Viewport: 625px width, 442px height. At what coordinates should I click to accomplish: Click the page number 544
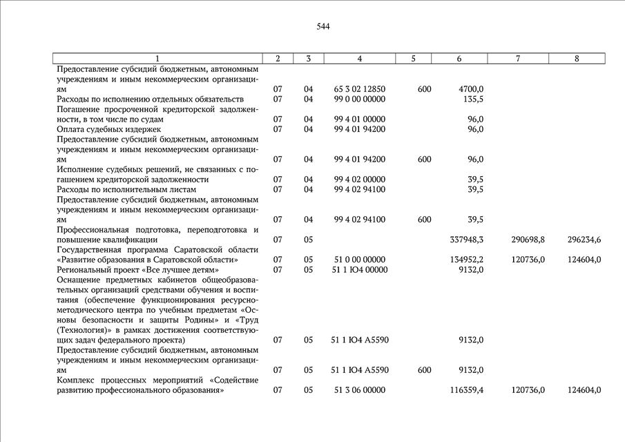(x=323, y=27)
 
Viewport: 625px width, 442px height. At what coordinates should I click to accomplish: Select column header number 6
(x=459, y=59)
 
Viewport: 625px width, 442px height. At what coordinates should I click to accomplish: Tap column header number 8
(x=577, y=59)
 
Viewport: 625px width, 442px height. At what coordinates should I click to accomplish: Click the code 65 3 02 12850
(x=359, y=89)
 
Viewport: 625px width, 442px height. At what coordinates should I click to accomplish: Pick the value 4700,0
(x=471, y=89)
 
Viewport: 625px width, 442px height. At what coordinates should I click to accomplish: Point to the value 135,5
(x=472, y=99)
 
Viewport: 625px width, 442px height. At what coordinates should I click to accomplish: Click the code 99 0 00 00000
(x=359, y=99)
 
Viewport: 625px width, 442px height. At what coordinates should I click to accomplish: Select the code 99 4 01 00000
(x=359, y=119)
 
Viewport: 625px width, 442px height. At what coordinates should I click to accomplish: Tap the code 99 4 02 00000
(x=359, y=180)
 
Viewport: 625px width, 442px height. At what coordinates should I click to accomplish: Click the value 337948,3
(x=466, y=240)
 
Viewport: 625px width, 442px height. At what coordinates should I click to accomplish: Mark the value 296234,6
(x=584, y=240)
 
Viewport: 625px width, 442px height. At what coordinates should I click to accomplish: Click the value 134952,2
(x=466, y=260)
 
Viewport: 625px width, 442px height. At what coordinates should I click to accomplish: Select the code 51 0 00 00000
(x=359, y=260)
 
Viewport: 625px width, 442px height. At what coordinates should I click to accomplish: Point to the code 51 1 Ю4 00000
(x=360, y=269)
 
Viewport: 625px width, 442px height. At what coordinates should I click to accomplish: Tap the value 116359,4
(x=466, y=390)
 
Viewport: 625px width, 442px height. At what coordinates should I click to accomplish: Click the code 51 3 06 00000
(x=359, y=390)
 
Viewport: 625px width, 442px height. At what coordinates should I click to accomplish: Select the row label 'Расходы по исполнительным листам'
(x=126, y=189)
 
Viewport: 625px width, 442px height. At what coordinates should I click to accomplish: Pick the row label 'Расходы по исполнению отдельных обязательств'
(x=150, y=99)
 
